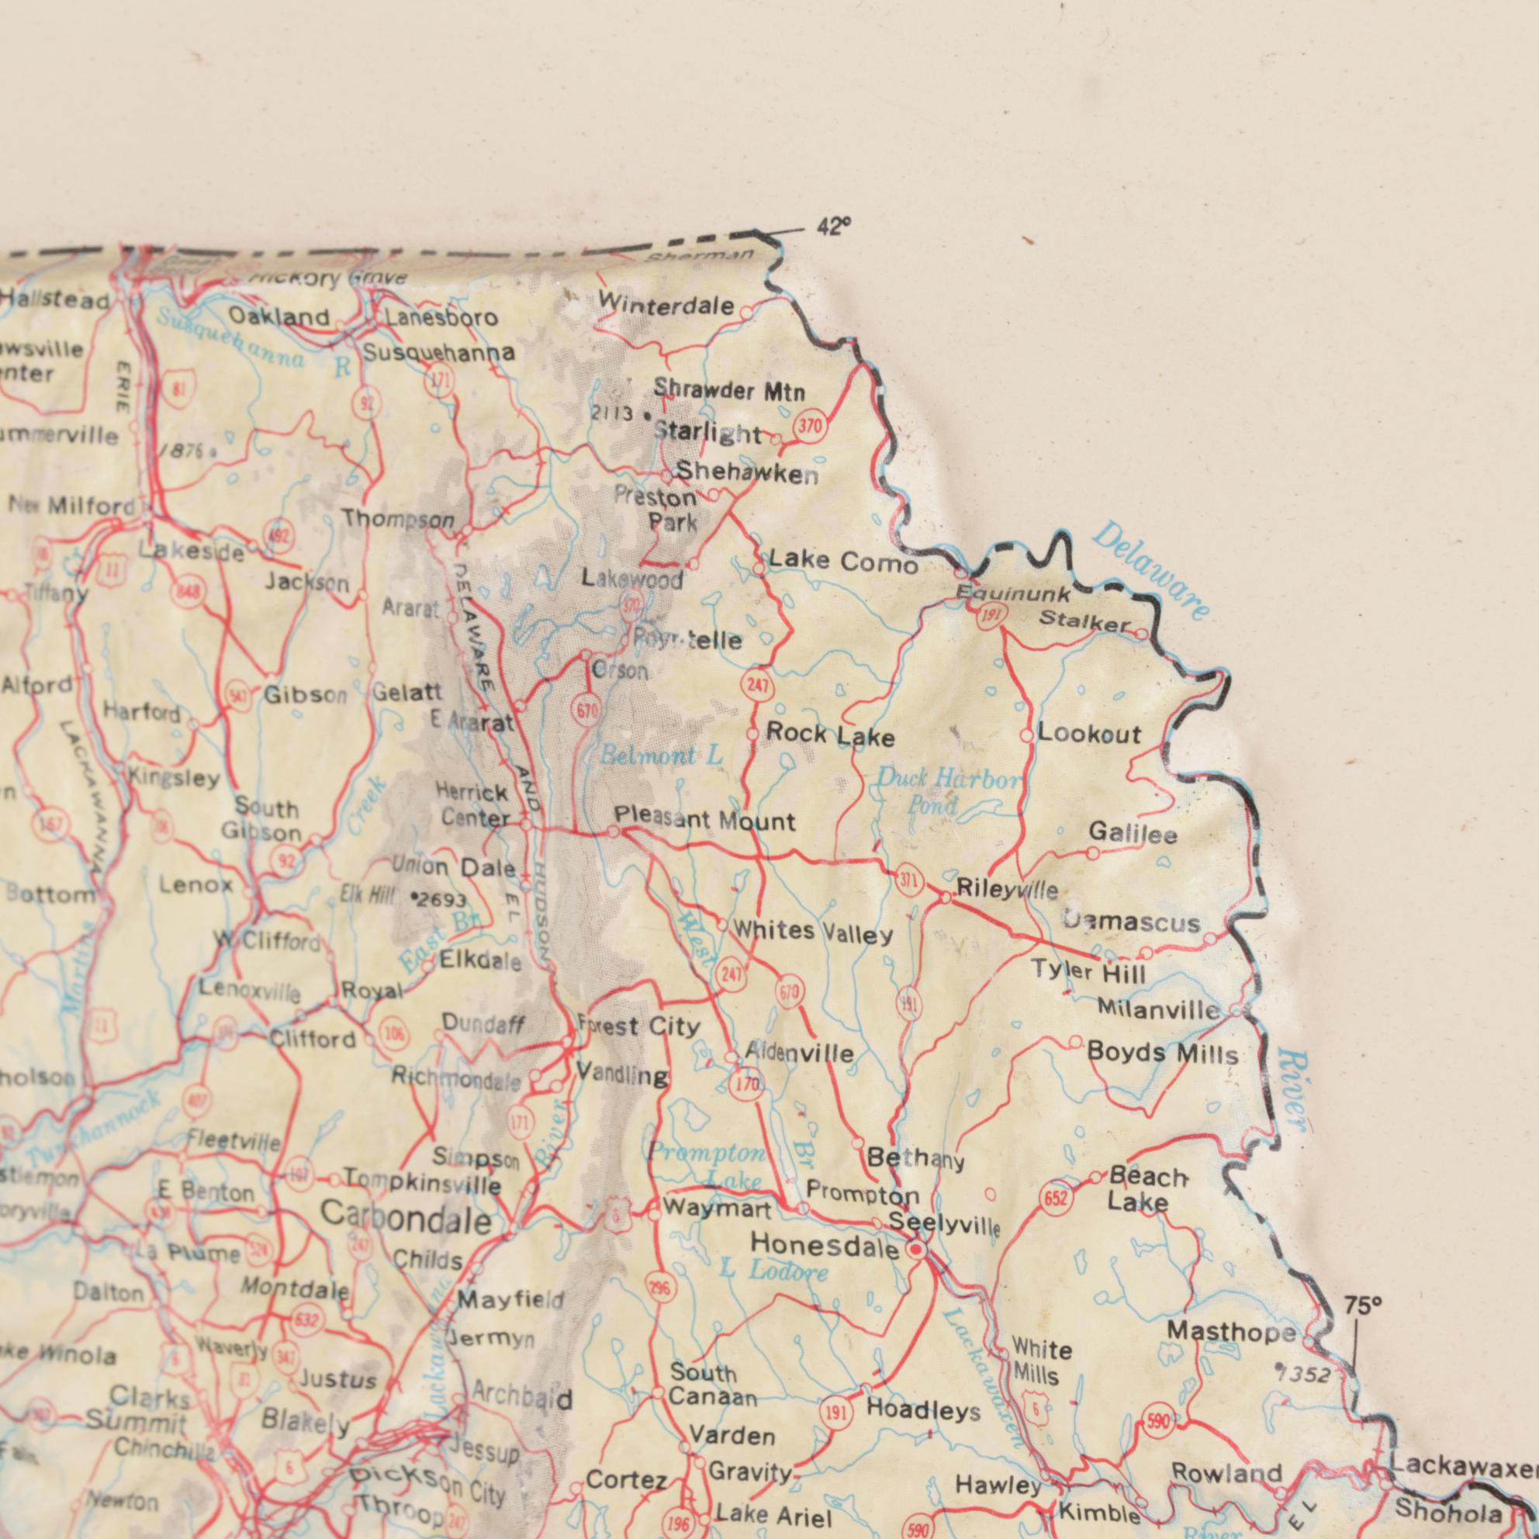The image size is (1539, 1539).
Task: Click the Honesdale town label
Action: pyautogui.click(x=825, y=1245)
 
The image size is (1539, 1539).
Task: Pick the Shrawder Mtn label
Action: pyautogui.click(x=729, y=391)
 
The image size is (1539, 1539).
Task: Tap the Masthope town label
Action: pyautogui.click(x=1232, y=1331)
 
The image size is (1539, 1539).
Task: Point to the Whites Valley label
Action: pyautogui.click(x=812, y=932)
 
